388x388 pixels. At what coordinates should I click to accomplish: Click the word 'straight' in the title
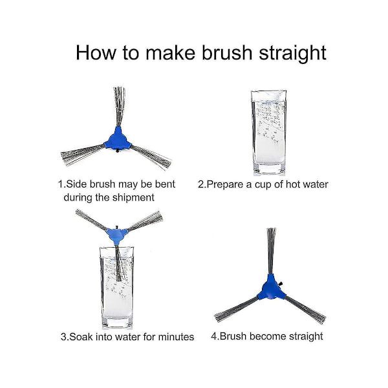[x=292, y=53]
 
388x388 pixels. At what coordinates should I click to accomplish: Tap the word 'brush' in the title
[x=227, y=52]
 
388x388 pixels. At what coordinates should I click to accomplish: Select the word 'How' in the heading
[x=96, y=52]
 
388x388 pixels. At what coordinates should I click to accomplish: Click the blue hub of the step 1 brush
[x=117, y=139]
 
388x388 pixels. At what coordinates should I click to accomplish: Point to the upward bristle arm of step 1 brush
[x=119, y=107]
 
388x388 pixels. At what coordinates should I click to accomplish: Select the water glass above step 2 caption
[x=268, y=133]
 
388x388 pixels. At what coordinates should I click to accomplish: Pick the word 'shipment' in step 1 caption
[x=133, y=198]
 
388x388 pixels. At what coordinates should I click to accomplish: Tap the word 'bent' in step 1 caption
[x=165, y=184]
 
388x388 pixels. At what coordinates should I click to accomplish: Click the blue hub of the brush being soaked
[x=116, y=234]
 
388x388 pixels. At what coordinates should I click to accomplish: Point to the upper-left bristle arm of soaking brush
[x=92, y=219]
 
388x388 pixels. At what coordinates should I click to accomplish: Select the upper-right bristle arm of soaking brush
[x=145, y=221]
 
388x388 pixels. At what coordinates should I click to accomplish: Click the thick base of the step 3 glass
[x=117, y=322]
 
